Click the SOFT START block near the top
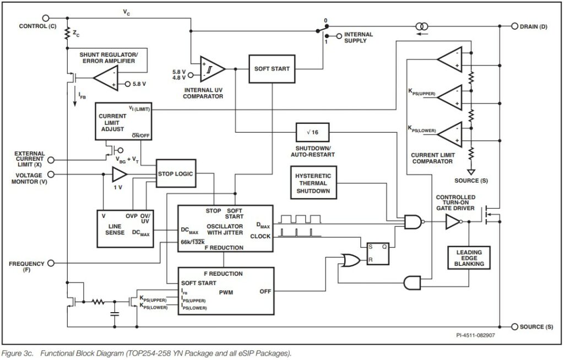(272, 69)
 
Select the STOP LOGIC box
(175, 174)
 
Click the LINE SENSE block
(124, 226)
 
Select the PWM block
(225, 291)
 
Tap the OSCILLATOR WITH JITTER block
(225, 229)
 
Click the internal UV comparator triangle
(211, 69)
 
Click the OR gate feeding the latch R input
(350, 259)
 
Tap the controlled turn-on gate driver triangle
(453, 222)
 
